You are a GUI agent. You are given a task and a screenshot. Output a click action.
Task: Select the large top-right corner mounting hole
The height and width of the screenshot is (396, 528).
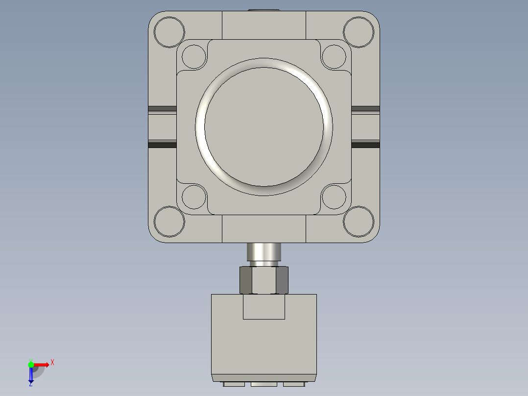pyautogui.click(x=359, y=32)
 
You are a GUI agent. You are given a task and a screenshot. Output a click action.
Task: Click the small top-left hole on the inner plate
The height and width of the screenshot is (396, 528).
pyautogui.click(x=194, y=56)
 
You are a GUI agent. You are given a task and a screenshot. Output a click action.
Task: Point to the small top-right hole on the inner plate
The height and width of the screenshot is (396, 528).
pyautogui.click(x=334, y=56)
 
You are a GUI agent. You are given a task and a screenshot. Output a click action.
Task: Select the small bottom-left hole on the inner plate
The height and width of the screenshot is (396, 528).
pyautogui.click(x=194, y=197)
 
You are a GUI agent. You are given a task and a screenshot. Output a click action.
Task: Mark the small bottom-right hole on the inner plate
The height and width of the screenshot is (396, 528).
pyautogui.click(x=334, y=197)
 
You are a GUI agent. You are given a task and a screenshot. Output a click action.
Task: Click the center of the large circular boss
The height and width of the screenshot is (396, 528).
pyautogui.click(x=264, y=126)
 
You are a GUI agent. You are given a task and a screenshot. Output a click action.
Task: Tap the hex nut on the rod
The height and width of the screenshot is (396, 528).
pyautogui.click(x=264, y=280)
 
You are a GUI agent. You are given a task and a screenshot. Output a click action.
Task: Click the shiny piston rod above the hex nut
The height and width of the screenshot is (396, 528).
pyautogui.click(x=264, y=252)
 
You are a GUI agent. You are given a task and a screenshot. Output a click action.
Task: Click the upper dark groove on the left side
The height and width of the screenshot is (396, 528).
pyautogui.click(x=162, y=108)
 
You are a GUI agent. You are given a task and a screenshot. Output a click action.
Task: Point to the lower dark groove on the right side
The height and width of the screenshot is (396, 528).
pyautogui.click(x=365, y=145)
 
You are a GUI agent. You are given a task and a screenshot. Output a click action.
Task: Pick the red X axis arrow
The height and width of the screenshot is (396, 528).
pyautogui.click(x=42, y=364)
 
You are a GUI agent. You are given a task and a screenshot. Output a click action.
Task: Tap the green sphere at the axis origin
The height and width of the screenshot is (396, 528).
pyautogui.click(x=31, y=364)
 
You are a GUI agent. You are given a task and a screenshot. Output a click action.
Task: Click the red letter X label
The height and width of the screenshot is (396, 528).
pyautogui.click(x=52, y=363)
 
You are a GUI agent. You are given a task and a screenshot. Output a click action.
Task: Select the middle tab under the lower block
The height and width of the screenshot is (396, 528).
pyautogui.click(x=264, y=384)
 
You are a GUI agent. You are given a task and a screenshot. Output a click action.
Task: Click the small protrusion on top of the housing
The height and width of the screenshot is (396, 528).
pyautogui.click(x=264, y=9)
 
